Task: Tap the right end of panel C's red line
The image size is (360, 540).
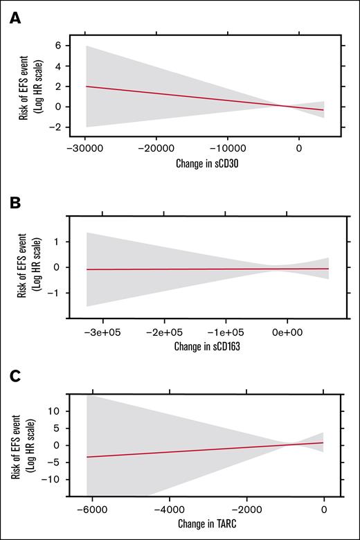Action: [x=323, y=442]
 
